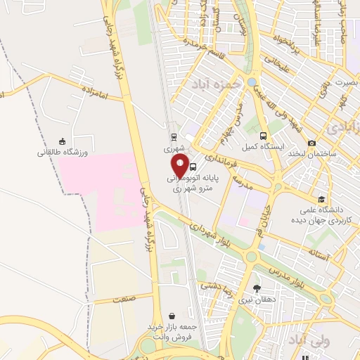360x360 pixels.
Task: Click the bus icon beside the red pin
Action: pyautogui.click(x=193, y=167)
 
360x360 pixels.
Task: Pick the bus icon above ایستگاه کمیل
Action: pyautogui.click(x=262, y=136)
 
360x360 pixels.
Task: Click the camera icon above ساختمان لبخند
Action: pyautogui.click(x=311, y=143)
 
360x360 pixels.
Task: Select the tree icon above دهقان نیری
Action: pyautogui.click(x=256, y=288)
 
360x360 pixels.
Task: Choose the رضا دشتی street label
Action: pyautogui.click(x=217, y=285)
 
